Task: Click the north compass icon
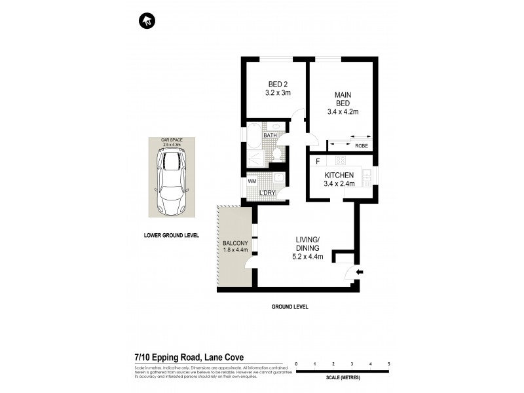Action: point(147,21)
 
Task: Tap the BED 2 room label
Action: point(278,88)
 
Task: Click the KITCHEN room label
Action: point(340,179)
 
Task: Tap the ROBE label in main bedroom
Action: point(361,145)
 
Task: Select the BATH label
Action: point(270,136)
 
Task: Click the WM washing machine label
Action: point(252,180)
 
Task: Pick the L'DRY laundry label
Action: point(267,193)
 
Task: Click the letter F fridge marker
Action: point(318,161)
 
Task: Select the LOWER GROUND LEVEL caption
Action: point(172,234)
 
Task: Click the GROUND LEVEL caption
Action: point(290,307)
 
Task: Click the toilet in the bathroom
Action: point(278,154)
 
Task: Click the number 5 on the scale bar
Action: point(389,364)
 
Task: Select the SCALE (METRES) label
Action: point(343,379)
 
